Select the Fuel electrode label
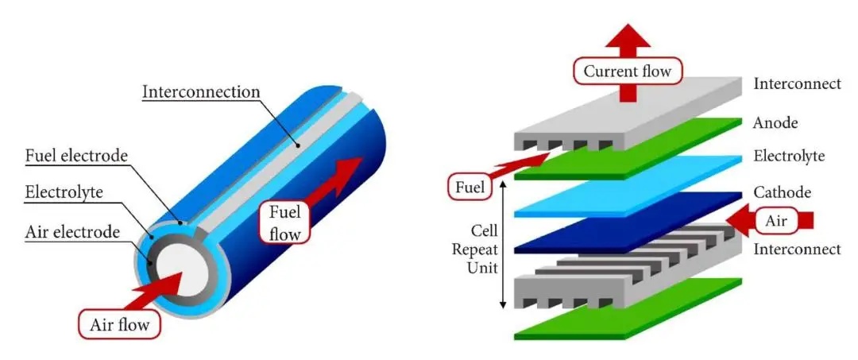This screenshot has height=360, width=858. pyautogui.click(x=76, y=156)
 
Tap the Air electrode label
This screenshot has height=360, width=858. pyautogui.click(x=72, y=232)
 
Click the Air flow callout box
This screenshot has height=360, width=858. pyautogui.click(x=120, y=324)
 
